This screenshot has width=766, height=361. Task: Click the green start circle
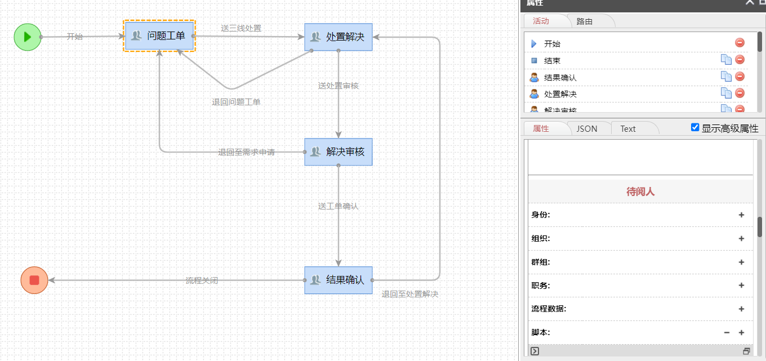(27, 37)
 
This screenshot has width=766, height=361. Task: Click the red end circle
(34, 280)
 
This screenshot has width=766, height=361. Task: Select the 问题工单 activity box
(159, 36)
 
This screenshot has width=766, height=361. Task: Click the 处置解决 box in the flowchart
(339, 37)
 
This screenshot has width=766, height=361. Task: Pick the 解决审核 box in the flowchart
(339, 151)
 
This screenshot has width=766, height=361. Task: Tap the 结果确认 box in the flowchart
(339, 280)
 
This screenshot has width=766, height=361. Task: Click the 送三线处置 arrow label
(241, 28)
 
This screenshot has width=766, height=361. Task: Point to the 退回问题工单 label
(236, 102)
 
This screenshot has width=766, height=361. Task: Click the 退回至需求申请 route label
(246, 152)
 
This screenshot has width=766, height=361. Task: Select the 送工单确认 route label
(338, 206)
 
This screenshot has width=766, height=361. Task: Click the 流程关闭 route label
(202, 280)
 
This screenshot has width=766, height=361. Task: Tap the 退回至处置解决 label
(409, 294)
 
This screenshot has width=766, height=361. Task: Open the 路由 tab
(585, 21)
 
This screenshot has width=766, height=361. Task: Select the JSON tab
(587, 128)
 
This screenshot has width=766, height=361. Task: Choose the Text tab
(628, 128)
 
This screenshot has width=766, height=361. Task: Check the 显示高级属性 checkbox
(695, 127)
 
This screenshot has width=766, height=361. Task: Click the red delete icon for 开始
(740, 43)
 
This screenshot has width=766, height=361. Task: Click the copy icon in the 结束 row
(726, 60)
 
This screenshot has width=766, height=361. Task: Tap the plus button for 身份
(741, 215)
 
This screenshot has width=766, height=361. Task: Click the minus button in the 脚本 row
(727, 332)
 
